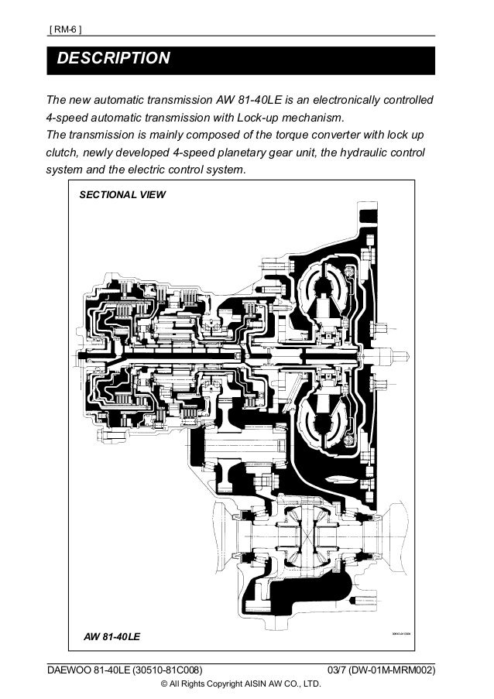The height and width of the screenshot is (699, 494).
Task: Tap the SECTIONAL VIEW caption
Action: [x=122, y=194]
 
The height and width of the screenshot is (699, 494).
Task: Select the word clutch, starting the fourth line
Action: [x=63, y=152]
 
